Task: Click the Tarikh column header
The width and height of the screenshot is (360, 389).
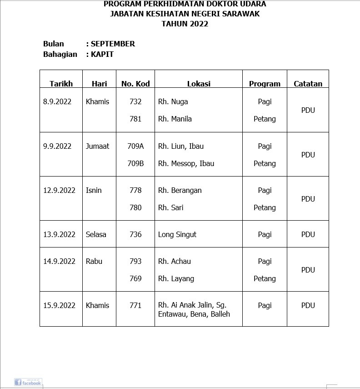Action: pos(61,84)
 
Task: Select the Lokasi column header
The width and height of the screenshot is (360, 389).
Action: pos(199,84)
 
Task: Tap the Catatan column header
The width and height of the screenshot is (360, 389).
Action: pos(308,84)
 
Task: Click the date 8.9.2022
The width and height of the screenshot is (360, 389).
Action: pos(57,101)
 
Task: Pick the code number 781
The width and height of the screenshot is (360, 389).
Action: pos(135,119)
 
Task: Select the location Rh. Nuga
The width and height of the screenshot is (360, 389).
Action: pos(173,101)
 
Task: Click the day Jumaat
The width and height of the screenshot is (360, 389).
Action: pos(97,146)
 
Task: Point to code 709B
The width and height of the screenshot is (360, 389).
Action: pos(135,163)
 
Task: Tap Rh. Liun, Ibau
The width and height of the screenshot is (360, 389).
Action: pos(181,146)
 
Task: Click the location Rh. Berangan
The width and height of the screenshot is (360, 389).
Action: pos(180,190)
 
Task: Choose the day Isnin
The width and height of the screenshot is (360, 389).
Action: pos(94,190)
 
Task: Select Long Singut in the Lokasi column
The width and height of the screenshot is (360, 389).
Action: pos(177,234)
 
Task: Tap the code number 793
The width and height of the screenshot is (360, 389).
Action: pos(135,261)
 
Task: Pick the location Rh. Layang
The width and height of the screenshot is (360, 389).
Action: pos(176,278)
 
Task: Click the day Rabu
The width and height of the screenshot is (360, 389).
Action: pos(94,261)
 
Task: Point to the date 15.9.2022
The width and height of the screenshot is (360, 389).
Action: pos(59,305)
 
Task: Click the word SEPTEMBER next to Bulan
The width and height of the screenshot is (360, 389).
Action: pos(113,44)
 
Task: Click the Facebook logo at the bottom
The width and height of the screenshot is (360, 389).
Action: pos(28,382)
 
